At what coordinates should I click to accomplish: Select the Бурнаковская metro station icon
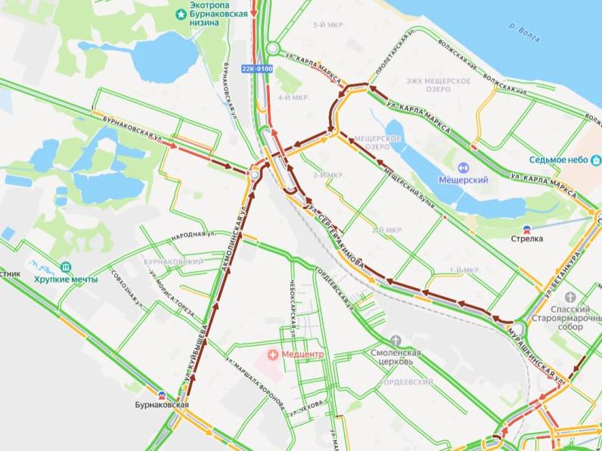(x=161, y=394)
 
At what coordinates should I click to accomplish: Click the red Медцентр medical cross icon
(x=272, y=354)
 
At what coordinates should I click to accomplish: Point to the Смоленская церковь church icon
(x=394, y=341)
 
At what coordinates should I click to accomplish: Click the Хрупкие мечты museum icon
(x=65, y=267)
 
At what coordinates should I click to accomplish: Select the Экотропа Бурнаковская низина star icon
(x=181, y=14)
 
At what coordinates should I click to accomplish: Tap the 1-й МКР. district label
(x=465, y=270)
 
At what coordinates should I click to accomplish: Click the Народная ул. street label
(x=190, y=236)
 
